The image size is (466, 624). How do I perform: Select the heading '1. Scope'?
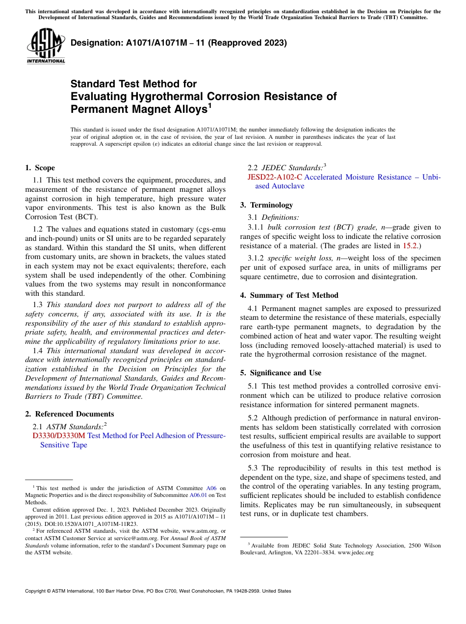click(x=40, y=168)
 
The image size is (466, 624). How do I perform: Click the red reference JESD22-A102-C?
click(x=275, y=177)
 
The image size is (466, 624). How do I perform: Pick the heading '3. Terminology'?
click(x=266, y=205)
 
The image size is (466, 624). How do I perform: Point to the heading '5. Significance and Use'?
click(x=281, y=373)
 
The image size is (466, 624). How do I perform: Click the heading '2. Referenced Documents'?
click(x=70, y=414)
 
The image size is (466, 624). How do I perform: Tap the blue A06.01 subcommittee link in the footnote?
click(x=197, y=495)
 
